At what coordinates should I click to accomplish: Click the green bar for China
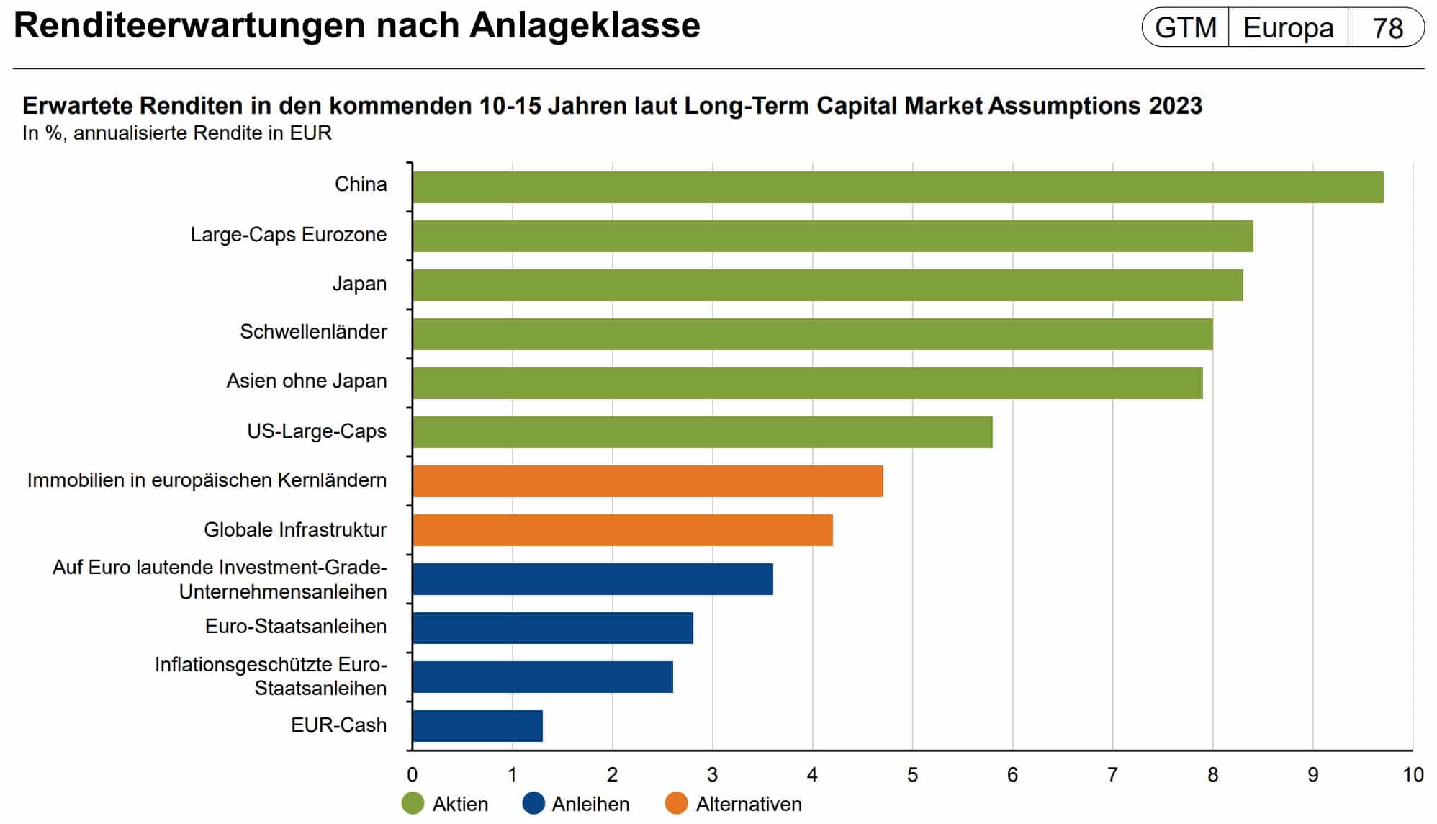coord(897,187)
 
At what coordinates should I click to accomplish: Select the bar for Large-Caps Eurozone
coord(832,236)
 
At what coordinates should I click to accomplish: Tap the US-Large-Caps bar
coord(702,432)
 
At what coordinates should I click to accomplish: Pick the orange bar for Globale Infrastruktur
coord(622,530)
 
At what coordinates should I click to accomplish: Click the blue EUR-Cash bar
coord(477,726)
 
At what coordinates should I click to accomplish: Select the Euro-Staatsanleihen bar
coord(552,628)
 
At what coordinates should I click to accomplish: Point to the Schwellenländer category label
coord(313,332)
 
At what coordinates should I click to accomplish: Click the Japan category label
coord(359,284)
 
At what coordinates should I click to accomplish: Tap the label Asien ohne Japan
coord(307,381)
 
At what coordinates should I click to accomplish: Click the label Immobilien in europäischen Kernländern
coord(207,480)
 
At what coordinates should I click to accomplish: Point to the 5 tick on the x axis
coord(912,775)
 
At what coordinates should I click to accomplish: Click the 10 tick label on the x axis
coord(1413,775)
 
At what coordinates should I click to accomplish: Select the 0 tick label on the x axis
coord(412,775)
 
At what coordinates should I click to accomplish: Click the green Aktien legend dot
coord(413,804)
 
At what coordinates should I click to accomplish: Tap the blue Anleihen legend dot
coord(533,804)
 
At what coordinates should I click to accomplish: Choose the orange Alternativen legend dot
coord(677,804)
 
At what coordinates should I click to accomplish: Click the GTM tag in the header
coord(1186,28)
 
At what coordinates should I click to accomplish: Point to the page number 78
coord(1387,28)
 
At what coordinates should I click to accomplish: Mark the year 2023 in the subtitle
coord(1176,106)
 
